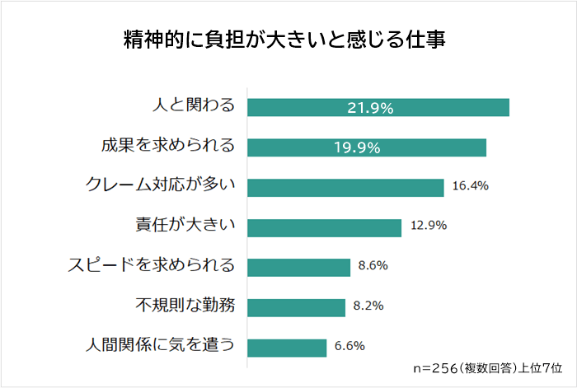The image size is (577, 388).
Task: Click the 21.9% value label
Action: click(x=369, y=108)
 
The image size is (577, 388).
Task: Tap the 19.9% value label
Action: click(x=356, y=147)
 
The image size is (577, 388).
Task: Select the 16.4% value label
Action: click(x=471, y=186)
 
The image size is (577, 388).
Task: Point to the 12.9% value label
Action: click(x=428, y=227)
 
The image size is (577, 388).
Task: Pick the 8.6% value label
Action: click(x=373, y=266)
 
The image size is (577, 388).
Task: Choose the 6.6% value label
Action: click(x=349, y=346)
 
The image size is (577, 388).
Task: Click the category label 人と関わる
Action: click(x=195, y=106)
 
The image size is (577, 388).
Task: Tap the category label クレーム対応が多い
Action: click(x=162, y=186)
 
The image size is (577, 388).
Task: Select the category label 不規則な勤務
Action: click(x=185, y=306)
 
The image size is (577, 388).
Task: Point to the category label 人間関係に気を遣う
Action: click(x=161, y=346)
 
